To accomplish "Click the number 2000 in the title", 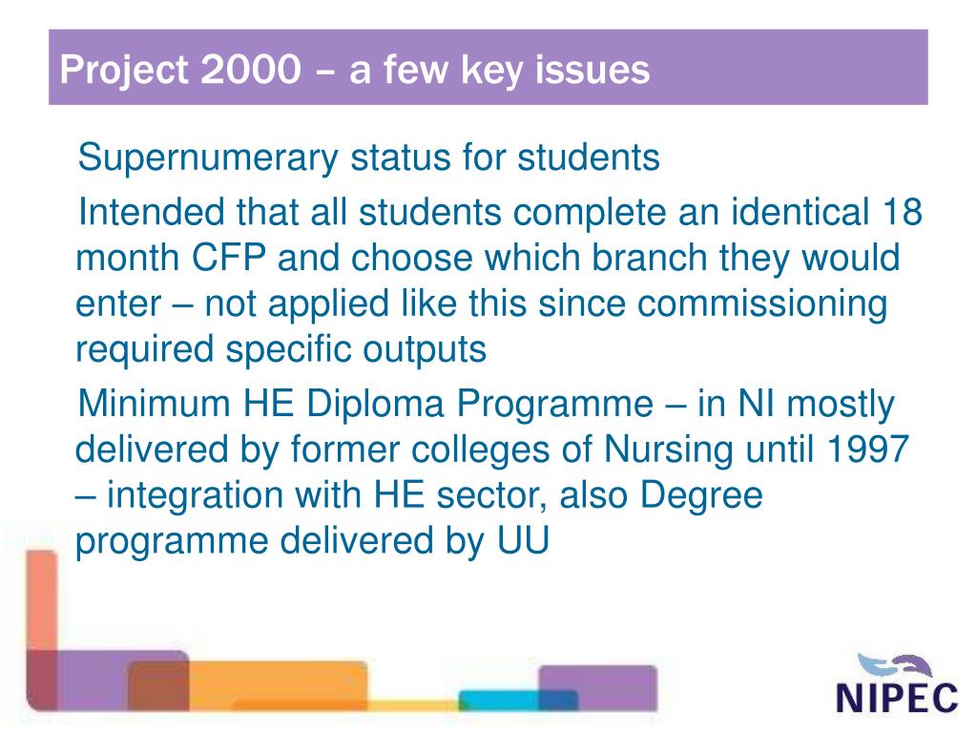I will pos(250,70).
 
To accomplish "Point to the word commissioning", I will pos(762,304).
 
